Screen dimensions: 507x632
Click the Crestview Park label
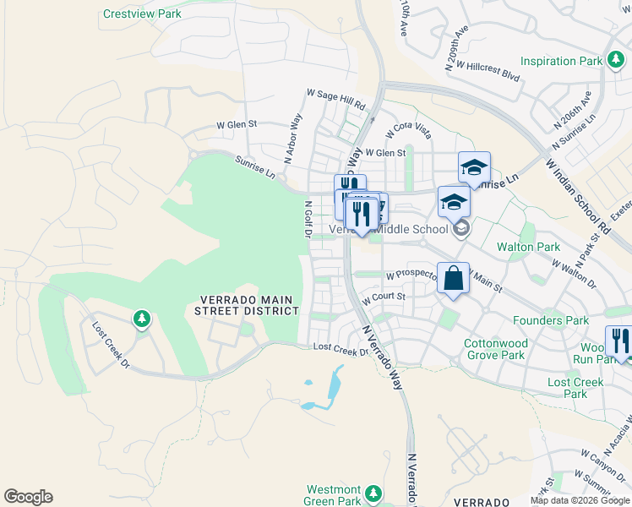[x=142, y=14]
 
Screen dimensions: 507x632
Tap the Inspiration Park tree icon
[x=618, y=61]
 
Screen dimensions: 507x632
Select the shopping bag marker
[x=453, y=279]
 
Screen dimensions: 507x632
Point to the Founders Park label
[x=551, y=320]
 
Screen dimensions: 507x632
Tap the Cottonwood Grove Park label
[x=495, y=349]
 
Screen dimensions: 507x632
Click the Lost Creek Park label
[x=575, y=388]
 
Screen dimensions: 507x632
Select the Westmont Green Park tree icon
[x=373, y=493]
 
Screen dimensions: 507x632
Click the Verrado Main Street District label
[x=249, y=305]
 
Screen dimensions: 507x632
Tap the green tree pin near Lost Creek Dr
[x=141, y=319]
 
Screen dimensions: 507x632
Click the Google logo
[x=28, y=497]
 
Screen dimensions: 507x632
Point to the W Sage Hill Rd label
[x=335, y=100]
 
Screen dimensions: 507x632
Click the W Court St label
[x=384, y=297]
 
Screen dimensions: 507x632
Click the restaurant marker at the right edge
[x=620, y=341]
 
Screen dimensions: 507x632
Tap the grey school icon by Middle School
[x=460, y=227]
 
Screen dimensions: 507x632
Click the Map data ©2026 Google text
[x=580, y=500]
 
